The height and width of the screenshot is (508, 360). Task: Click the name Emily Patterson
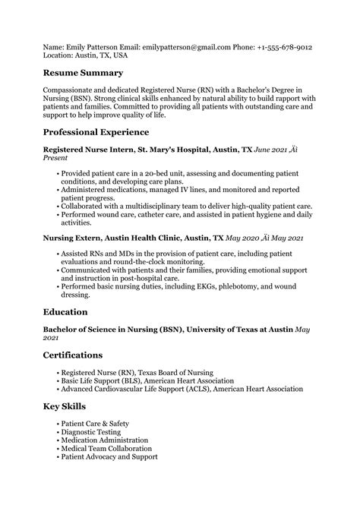[x=94, y=46]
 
